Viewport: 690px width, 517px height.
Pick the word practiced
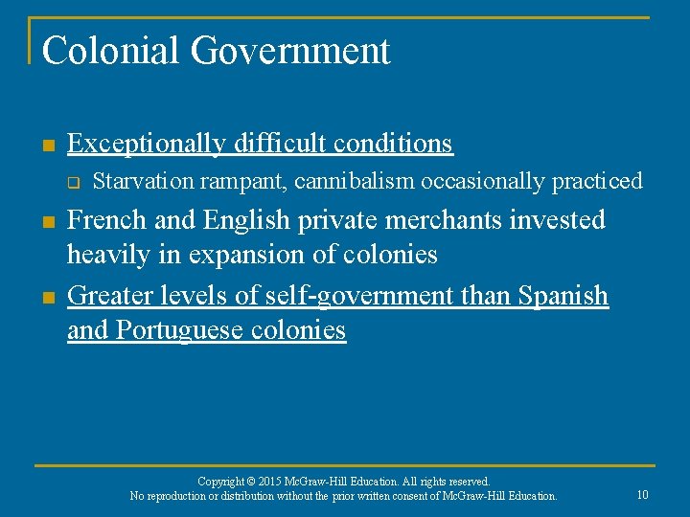coord(596,181)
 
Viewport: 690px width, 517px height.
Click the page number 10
coord(642,494)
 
